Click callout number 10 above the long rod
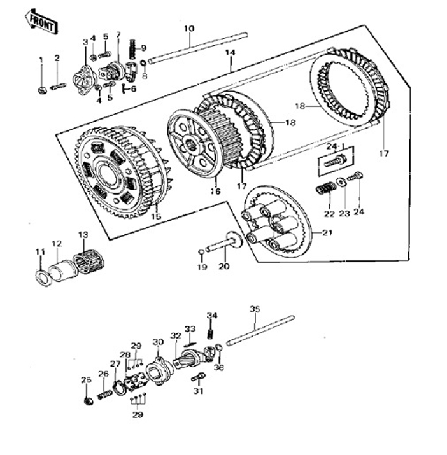[188, 29]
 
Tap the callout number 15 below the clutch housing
[155, 217]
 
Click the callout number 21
[327, 234]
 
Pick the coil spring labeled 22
[325, 189]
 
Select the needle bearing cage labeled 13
[87, 262]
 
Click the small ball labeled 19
[201, 253]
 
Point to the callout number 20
[222, 267]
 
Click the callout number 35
[255, 309]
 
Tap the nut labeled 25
[89, 400]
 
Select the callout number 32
[176, 335]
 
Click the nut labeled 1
[42, 90]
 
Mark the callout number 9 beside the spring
[143, 48]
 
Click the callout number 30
[157, 342]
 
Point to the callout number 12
[57, 243]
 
